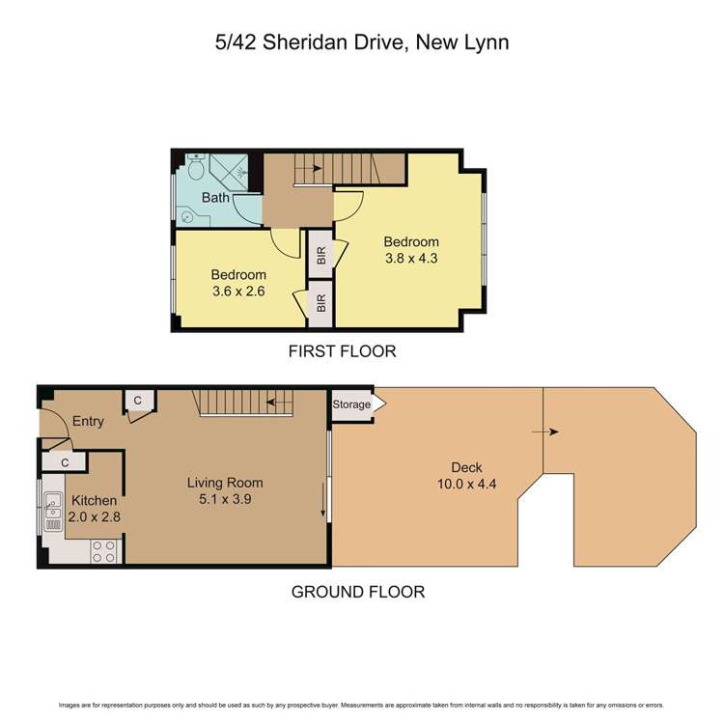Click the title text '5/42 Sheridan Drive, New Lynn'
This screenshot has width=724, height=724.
point(361,42)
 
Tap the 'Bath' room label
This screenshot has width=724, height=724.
point(215,198)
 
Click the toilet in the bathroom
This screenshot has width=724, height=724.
point(194,170)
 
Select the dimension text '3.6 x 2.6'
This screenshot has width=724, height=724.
point(238,291)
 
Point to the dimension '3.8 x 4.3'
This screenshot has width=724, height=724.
point(411,258)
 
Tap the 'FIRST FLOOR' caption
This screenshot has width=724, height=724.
point(342,351)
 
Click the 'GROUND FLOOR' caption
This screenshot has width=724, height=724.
point(357,592)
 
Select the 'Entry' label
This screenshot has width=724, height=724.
point(88,421)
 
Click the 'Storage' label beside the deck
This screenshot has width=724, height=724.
point(351,404)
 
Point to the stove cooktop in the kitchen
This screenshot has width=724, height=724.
point(104,550)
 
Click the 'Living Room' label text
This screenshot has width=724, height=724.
point(224,483)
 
